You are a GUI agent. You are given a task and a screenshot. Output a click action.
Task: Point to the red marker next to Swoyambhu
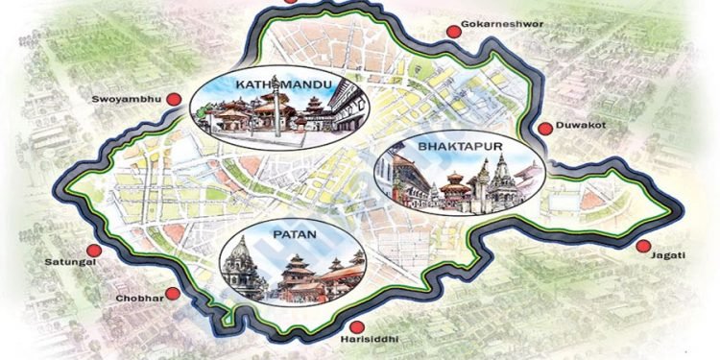pos(174,99)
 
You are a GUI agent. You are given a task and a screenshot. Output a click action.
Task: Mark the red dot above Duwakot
pos(545,128)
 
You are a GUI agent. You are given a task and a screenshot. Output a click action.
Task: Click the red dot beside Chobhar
pos(173,294)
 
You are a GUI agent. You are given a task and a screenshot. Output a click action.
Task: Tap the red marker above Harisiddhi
pos(357,327)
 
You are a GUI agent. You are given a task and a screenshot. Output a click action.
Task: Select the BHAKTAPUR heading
pos(460,146)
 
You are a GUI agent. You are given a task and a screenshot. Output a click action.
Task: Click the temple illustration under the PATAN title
pos(293,274)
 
